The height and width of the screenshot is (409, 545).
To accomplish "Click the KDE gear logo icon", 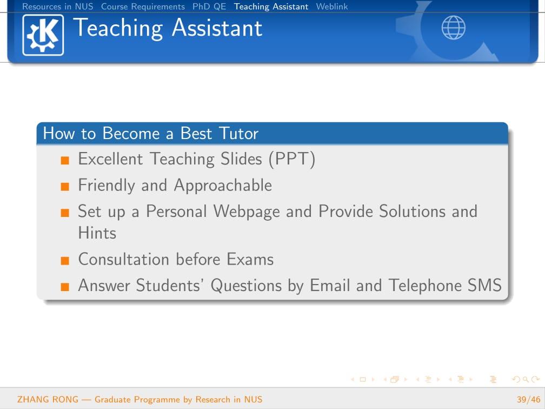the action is click(43, 35).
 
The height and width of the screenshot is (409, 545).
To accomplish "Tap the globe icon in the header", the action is click(453, 28).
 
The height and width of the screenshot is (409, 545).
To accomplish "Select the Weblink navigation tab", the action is click(331, 6).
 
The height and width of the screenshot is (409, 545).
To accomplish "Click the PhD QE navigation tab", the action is click(209, 6).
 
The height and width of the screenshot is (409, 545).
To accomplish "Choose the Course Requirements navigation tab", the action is click(143, 6).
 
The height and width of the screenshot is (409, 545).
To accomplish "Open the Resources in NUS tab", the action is click(58, 6).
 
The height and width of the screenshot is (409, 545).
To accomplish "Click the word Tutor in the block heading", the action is click(239, 134).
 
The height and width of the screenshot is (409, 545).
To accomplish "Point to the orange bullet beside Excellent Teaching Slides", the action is click(65, 160).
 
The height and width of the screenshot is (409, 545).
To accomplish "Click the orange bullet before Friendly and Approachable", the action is click(65, 187).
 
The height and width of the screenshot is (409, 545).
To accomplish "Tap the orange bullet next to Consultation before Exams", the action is click(65, 261).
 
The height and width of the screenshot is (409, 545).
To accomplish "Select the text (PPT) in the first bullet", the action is click(291, 159).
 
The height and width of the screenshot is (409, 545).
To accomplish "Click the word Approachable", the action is click(223, 186).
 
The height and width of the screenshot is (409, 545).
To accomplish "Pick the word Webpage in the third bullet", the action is click(247, 212).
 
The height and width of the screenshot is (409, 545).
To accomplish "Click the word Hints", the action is click(97, 233).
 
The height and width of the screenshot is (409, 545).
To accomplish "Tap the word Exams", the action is click(250, 260).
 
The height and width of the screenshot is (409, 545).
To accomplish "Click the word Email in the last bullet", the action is click(330, 286).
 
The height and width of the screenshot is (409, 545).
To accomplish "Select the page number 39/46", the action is click(529, 399).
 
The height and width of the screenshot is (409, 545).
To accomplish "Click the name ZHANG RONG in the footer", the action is click(48, 399).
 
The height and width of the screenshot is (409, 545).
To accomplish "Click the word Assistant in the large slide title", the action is click(217, 28).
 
